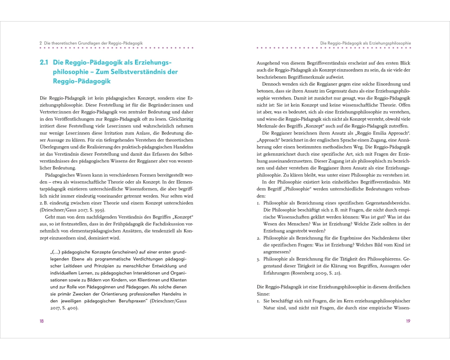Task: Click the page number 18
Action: pos(41,321)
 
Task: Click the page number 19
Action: pos(408,321)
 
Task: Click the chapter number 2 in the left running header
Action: pos(41,43)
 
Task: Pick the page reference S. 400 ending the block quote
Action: pos(68,308)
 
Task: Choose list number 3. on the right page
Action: pos(258,259)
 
